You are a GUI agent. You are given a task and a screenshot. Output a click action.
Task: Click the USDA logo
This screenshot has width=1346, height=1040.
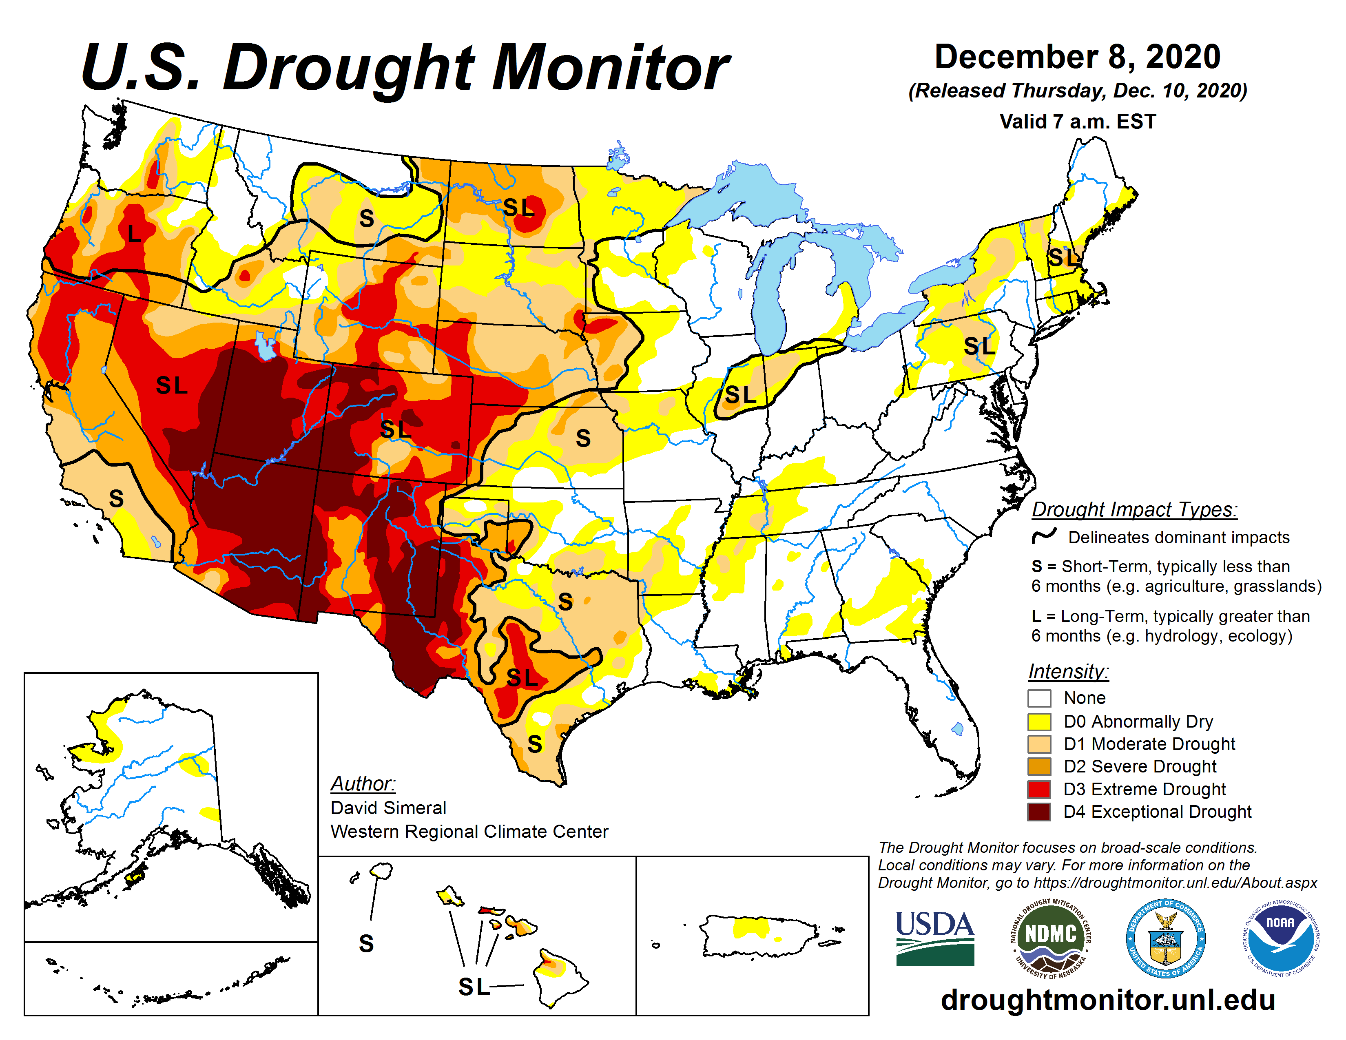[934, 938]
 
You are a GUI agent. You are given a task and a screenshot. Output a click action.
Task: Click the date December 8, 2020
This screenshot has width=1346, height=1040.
[1077, 57]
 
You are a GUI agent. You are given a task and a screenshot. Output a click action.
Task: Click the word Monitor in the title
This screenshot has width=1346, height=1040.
[610, 68]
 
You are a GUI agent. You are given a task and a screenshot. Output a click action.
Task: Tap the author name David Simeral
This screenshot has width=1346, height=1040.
[388, 808]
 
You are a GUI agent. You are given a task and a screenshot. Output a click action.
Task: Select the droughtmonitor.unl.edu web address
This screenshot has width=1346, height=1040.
[1107, 999]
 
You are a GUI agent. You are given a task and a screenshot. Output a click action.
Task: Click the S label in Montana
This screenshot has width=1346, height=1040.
[367, 218]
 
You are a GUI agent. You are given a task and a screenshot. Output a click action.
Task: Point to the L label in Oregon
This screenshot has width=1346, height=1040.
[134, 234]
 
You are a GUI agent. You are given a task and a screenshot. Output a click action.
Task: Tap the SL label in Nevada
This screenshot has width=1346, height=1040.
[171, 386]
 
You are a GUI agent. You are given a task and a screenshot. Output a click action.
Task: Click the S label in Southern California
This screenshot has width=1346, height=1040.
[116, 498]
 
